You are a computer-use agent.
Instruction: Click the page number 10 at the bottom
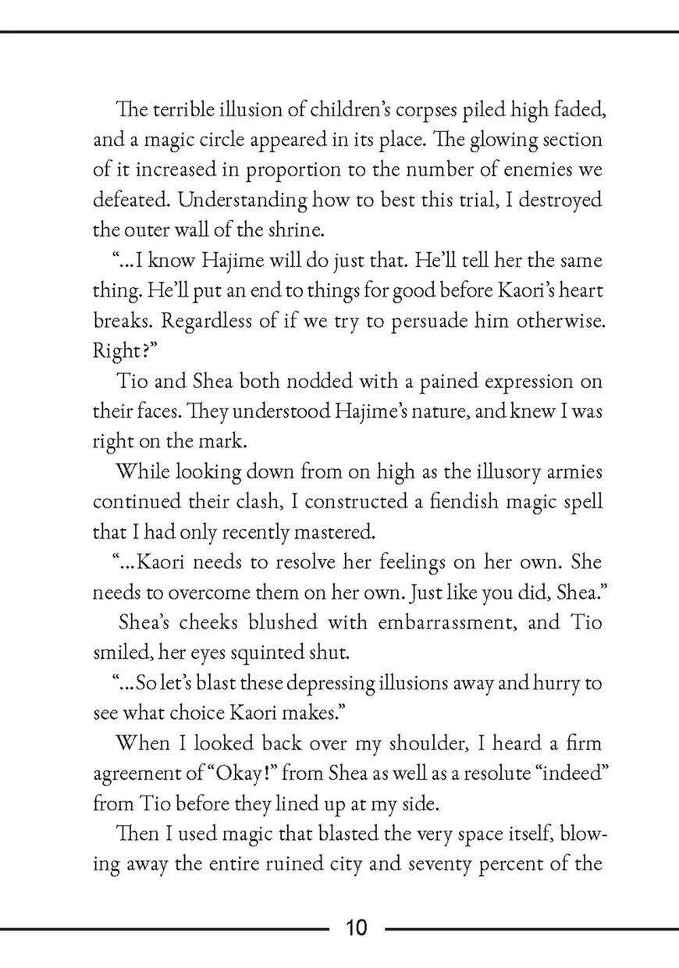(x=355, y=928)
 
